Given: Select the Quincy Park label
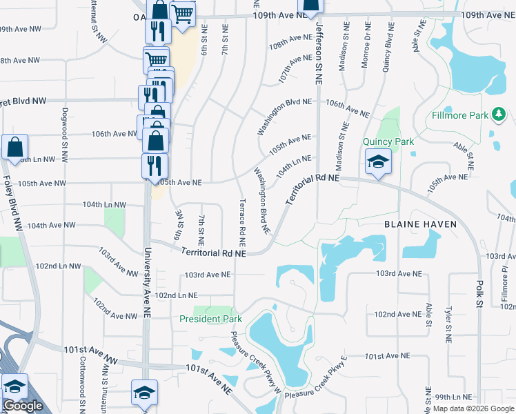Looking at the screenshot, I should (x=388, y=142).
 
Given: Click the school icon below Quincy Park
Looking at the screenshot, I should (x=378, y=163).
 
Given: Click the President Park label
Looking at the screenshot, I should (x=210, y=319).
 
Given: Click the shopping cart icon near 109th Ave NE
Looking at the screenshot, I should (x=182, y=14).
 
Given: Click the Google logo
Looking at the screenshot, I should (x=23, y=406).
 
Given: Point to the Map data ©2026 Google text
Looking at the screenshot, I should (x=473, y=408).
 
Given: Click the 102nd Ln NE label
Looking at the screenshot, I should (x=177, y=295).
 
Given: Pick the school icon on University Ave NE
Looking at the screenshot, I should (x=143, y=394).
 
